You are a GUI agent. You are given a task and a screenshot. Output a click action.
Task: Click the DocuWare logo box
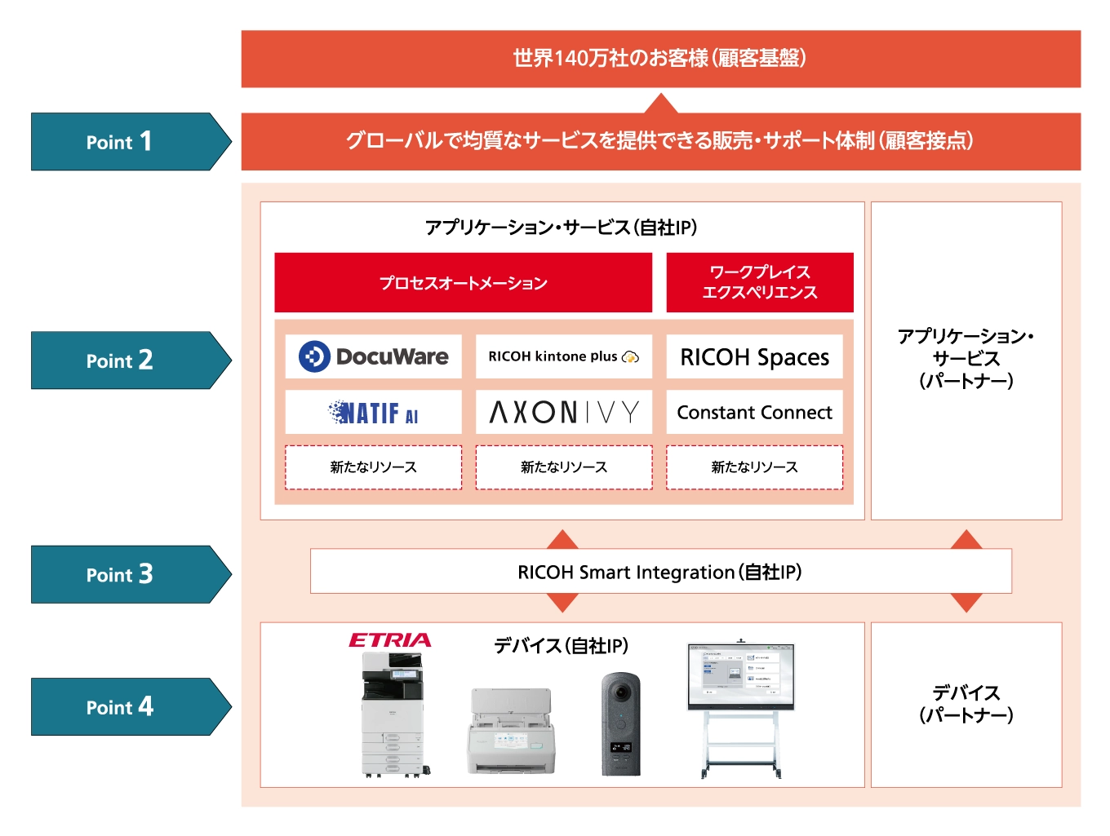(x=373, y=356)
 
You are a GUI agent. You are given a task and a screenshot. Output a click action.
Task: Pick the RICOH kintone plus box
(x=563, y=356)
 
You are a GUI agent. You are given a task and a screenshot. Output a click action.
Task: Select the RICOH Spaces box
(x=754, y=357)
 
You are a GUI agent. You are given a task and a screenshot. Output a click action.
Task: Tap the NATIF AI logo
(x=373, y=413)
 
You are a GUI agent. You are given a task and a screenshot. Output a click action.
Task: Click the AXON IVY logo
(x=563, y=413)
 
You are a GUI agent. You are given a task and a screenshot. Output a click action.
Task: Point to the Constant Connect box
(x=754, y=413)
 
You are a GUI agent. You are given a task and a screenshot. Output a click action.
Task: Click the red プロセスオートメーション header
(x=463, y=283)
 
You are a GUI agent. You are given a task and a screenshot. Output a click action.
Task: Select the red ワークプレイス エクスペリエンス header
(x=759, y=282)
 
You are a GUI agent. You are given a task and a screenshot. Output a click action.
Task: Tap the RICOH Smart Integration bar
(x=659, y=572)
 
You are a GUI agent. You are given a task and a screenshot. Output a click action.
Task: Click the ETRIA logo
(x=389, y=640)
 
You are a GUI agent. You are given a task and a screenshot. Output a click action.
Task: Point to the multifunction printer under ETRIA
(x=393, y=714)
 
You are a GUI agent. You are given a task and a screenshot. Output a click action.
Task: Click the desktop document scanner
(x=511, y=732)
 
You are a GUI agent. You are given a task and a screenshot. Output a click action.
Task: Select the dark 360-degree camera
(x=620, y=723)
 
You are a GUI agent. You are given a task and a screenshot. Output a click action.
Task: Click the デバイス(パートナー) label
(x=966, y=704)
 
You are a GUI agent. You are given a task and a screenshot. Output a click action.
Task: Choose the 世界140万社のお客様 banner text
(x=659, y=59)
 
